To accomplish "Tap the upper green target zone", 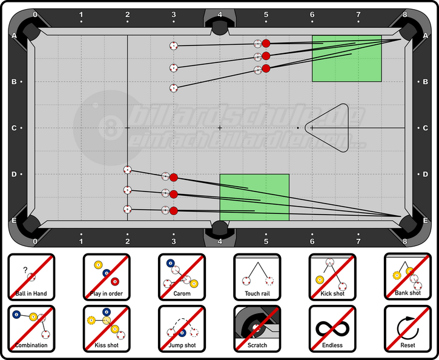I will pyautogui.click(x=346, y=58).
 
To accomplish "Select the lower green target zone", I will pyautogui.click(x=254, y=197).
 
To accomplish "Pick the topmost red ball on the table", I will pyautogui.click(x=266, y=43).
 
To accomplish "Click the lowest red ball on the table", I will pyautogui.click(x=174, y=211).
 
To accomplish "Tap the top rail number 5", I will pyautogui.click(x=266, y=13).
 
